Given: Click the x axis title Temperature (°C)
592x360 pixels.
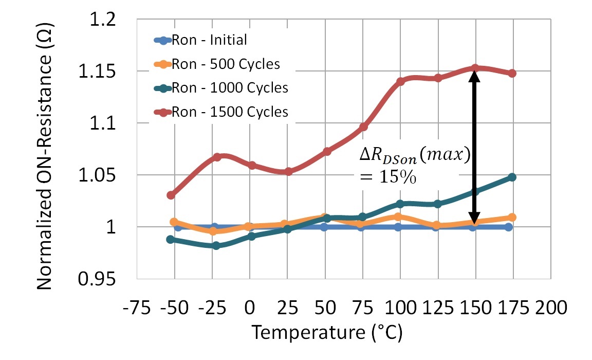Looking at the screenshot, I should click(x=326, y=333).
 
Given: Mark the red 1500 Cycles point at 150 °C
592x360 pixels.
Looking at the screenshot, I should click(x=476, y=68).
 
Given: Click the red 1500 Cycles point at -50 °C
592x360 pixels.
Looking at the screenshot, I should click(x=171, y=195).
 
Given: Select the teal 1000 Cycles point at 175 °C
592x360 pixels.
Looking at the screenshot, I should click(x=512, y=177).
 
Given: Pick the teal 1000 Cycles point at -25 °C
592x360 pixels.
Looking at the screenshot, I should click(x=216, y=246).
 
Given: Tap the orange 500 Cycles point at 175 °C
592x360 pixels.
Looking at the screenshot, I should click(x=512, y=218).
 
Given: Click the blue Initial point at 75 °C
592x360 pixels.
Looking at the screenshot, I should click(x=361, y=227).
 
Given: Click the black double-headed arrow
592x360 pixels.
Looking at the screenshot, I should click(x=475, y=147).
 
